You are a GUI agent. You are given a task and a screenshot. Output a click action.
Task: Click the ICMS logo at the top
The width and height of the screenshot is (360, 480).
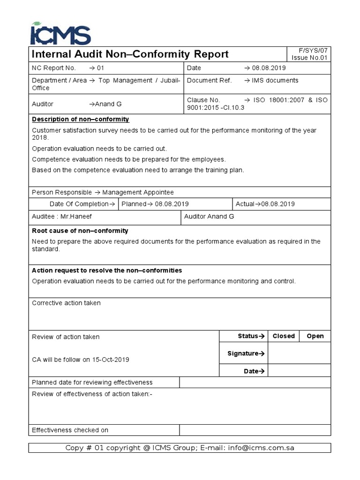point(60,34)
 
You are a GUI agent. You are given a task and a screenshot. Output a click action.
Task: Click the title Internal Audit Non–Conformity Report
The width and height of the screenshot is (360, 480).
point(129,54)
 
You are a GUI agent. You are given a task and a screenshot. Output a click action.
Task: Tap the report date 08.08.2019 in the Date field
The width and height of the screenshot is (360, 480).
point(265,68)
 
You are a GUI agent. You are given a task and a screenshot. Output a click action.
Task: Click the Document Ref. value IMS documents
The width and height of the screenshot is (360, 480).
point(275,81)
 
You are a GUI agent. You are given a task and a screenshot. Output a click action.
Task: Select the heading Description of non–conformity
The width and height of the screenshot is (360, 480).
point(80,120)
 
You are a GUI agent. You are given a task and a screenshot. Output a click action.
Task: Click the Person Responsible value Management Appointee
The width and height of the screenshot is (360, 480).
point(138,192)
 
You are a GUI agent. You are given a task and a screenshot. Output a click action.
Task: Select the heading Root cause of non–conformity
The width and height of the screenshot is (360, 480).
point(80,231)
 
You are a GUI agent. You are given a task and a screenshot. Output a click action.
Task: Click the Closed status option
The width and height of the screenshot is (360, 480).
point(284,336)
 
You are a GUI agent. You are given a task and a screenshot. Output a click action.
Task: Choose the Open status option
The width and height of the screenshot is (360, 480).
point(315,336)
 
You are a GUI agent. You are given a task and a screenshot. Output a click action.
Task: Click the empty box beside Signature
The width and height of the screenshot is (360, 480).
point(300,353)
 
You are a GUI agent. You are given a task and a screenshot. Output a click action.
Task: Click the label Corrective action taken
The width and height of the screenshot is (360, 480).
point(66,303)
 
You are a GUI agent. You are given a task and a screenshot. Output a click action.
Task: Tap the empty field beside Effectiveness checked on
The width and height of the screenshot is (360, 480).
point(255,430)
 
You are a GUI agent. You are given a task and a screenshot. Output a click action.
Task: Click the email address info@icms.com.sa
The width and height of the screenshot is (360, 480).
point(261,448)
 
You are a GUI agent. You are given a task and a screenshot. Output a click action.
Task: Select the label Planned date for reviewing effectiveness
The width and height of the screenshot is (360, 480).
point(92,382)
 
